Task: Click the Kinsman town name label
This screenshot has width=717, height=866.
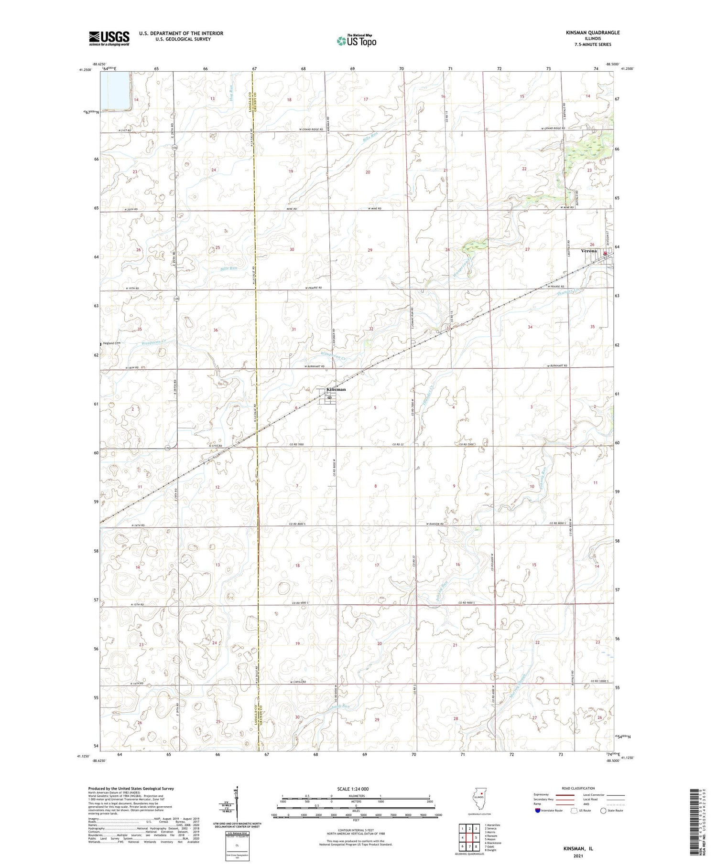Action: pos(336,389)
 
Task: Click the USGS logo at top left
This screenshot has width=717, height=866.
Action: pos(109,38)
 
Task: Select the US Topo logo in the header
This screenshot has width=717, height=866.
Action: pos(356,41)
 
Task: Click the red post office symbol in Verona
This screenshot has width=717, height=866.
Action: pos(605,254)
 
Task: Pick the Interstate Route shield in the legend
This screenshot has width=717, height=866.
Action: pos(538,811)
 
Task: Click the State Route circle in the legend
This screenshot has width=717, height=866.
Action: pos(603,811)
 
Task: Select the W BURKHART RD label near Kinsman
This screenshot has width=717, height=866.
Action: pos(315,366)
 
